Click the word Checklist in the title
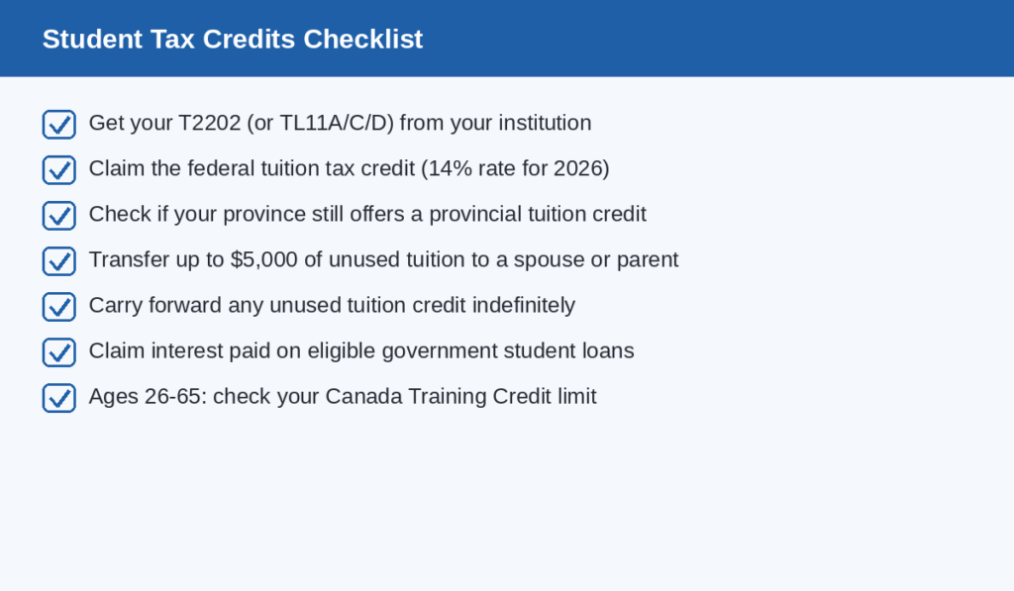(362, 39)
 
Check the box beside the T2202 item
(59, 124)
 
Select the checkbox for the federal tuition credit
(59, 170)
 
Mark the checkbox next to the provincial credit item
(59, 216)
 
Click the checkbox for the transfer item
(59, 261)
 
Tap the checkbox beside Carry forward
(59, 307)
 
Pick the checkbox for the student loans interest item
(59, 352)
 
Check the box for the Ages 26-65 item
(59, 398)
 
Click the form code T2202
(210, 123)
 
